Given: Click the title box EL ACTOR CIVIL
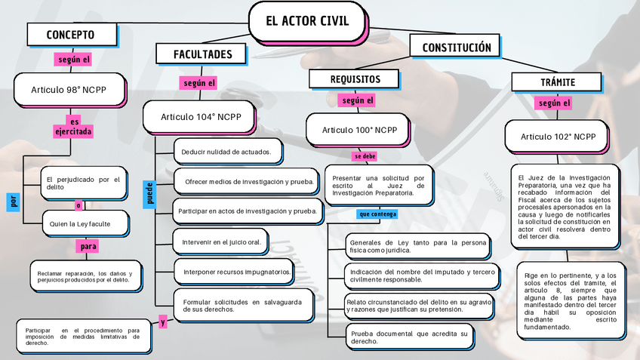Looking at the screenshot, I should [x=307, y=21].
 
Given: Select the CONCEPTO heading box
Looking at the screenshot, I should [x=71, y=35].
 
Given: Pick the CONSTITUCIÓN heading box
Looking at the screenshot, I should [x=456, y=48].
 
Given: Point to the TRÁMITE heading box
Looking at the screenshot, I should [x=558, y=82].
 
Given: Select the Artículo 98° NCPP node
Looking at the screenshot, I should [x=69, y=90].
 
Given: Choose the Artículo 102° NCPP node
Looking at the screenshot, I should [x=558, y=137].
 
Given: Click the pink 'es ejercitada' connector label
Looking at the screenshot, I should [x=73, y=127].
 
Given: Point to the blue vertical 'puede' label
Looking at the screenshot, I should [x=149, y=192].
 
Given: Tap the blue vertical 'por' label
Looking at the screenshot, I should [x=12, y=201].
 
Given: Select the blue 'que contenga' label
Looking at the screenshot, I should [x=377, y=214].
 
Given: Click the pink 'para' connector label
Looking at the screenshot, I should [x=88, y=246].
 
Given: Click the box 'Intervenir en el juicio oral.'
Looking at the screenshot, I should [x=221, y=242].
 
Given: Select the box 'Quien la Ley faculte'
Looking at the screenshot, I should [x=80, y=224].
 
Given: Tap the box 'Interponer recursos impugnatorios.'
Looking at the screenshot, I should [x=236, y=272].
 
